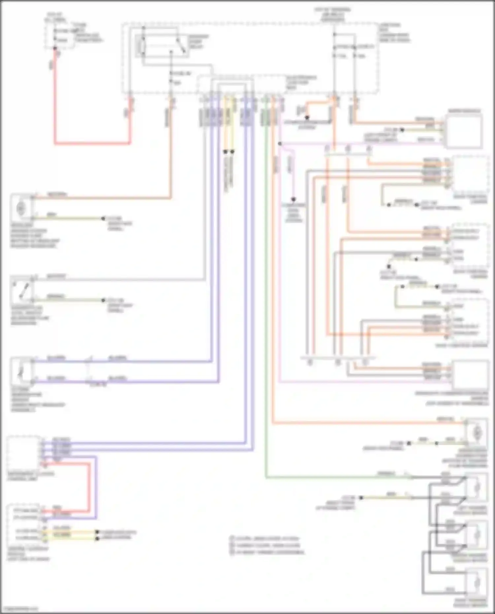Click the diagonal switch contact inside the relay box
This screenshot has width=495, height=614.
(180, 45)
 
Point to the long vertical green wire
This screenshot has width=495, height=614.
(266, 297)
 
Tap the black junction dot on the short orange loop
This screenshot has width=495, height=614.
(307, 117)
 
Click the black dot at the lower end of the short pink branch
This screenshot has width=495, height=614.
(293, 200)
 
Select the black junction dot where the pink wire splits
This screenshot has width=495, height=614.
(280, 144)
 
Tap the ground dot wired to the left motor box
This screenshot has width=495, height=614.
(103, 218)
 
